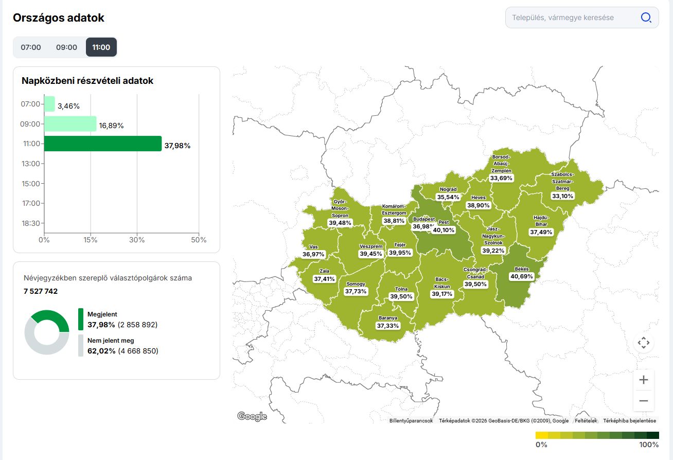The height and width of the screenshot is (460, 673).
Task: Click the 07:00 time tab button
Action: (x=31, y=47)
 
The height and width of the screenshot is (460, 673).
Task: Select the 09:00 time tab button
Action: (x=66, y=47)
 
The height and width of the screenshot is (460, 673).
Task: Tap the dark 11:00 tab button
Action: (x=101, y=47)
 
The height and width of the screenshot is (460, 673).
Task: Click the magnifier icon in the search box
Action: (x=646, y=17)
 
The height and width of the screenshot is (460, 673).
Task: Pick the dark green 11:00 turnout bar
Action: (x=103, y=144)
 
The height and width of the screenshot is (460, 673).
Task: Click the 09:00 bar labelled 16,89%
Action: (x=70, y=124)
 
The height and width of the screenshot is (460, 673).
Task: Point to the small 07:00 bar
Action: (x=49, y=104)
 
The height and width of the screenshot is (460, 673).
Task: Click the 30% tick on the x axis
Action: (x=137, y=240)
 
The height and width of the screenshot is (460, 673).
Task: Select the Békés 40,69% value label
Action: (x=522, y=276)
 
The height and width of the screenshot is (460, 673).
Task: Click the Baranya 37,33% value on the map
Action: (x=388, y=326)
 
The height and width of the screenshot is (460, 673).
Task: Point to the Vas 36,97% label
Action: (x=313, y=254)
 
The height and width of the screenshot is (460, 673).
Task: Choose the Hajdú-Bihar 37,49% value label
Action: (x=541, y=232)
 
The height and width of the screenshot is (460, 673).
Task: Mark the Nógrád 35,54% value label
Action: (x=448, y=197)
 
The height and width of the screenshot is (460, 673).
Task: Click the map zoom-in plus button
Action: (x=643, y=380)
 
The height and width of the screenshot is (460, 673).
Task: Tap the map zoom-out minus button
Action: (x=643, y=400)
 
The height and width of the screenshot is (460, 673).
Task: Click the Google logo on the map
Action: (x=252, y=416)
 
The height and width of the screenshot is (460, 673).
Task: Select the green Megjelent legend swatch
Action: (x=81, y=319)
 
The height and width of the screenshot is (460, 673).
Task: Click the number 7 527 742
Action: (x=41, y=291)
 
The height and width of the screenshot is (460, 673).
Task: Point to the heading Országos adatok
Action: (x=59, y=18)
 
